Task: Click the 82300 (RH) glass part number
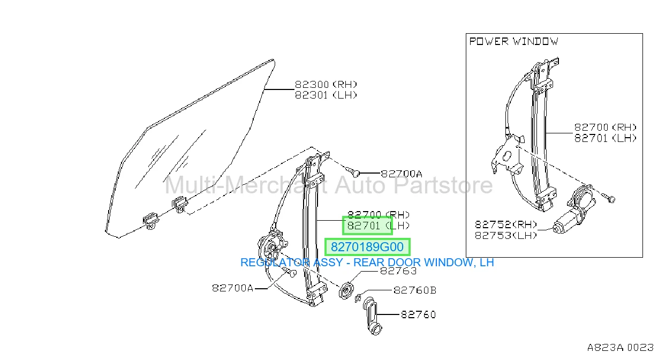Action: coord(326,85)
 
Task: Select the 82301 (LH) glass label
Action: coord(326,95)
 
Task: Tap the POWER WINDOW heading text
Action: coord(514,41)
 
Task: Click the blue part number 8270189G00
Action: coord(367,247)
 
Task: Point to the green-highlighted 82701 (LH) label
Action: coord(379,226)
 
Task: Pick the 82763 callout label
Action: coord(398,271)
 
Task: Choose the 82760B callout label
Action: coord(415,290)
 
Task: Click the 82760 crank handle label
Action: coord(418,315)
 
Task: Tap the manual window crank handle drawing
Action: coord(372,316)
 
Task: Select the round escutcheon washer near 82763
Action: coord(346,291)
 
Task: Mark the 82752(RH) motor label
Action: coord(506,225)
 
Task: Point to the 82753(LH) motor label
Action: coord(506,235)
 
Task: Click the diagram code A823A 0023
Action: coord(621,348)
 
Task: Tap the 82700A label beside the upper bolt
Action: coord(402,174)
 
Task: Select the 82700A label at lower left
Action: coord(233,288)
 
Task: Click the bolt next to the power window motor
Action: coord(609,198)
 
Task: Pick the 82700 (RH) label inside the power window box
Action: coord(606,127)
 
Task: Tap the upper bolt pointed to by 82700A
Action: coord(352,172)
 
